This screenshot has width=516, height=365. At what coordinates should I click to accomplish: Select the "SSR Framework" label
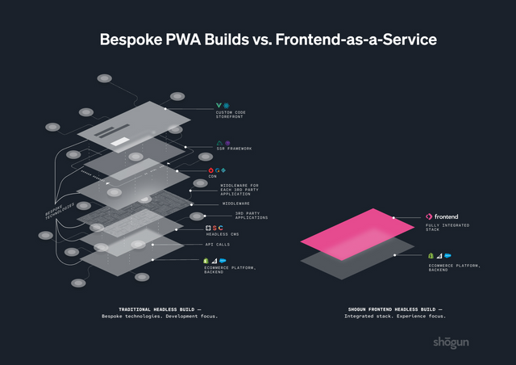[234, 149]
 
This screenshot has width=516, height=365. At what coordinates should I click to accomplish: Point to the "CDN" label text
[212, 177]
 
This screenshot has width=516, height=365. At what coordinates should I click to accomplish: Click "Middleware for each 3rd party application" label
[239, 190]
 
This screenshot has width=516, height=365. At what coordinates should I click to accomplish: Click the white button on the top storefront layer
[119, 143]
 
